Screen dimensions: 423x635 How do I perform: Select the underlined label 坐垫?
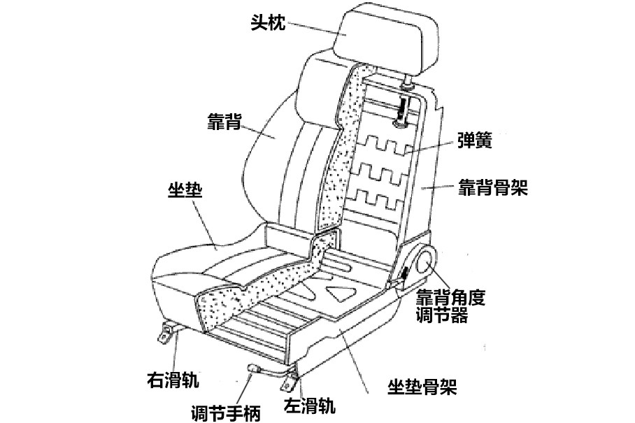coord(185,189)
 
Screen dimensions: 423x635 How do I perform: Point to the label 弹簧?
coord(474,141)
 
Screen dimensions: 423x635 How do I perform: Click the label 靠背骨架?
coord(492,187)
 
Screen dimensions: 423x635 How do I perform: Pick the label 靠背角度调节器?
coord(450,305)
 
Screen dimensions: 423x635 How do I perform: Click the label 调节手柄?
coord(225,413)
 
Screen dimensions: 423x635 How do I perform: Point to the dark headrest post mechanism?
coord(403,109)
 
